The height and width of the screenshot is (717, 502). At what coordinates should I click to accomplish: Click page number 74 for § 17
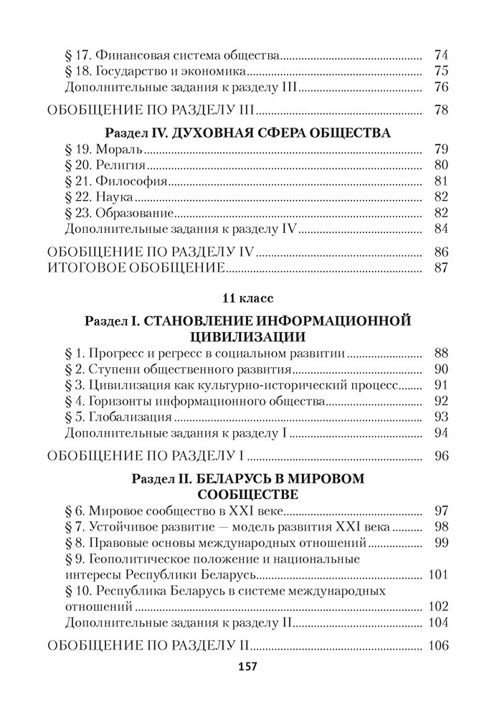point(441,54)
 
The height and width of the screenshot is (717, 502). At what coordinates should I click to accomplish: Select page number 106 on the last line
point(437,645)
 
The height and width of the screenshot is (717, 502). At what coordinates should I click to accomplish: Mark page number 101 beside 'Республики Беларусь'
point(437,574)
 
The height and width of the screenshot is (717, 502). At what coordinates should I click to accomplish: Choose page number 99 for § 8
point(441,543)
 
